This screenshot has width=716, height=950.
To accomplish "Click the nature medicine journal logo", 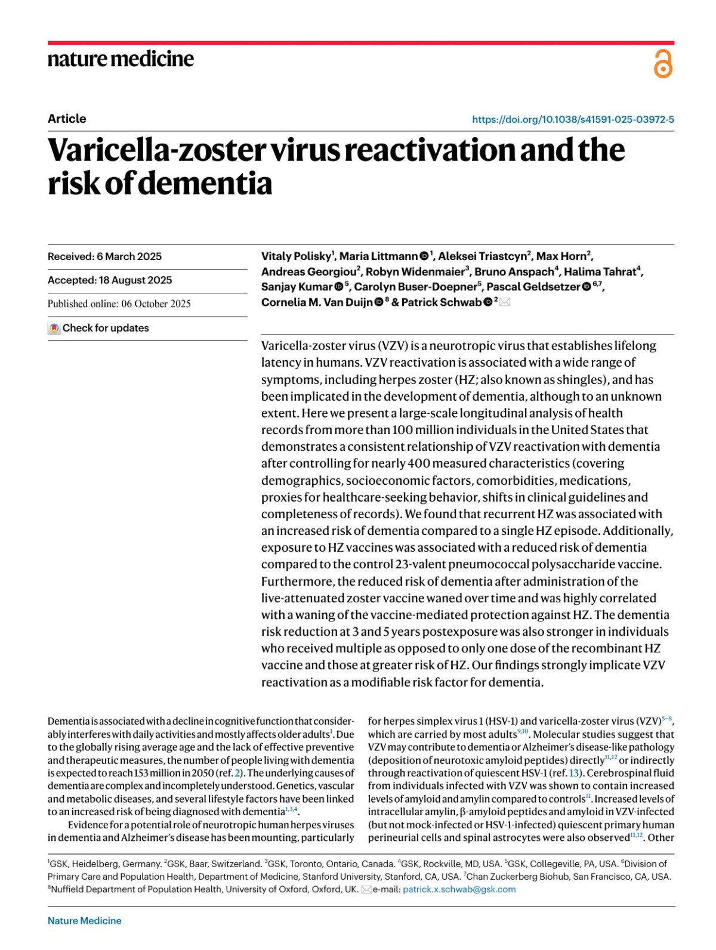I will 121,59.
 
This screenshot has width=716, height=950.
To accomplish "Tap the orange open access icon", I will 663,64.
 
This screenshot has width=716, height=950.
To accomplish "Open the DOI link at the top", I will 573,119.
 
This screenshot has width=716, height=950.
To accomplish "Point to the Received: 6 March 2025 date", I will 104,256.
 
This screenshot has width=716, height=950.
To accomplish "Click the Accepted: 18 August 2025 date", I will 110,280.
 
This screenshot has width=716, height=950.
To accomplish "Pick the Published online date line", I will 119,304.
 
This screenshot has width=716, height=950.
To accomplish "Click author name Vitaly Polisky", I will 295,256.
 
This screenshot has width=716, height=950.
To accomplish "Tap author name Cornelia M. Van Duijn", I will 317,302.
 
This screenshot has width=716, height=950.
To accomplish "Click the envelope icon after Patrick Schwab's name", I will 505,302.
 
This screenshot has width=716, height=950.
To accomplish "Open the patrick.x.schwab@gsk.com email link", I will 459,889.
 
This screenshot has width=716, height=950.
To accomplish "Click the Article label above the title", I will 67,119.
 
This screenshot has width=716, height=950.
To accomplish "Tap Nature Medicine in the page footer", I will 85,921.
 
